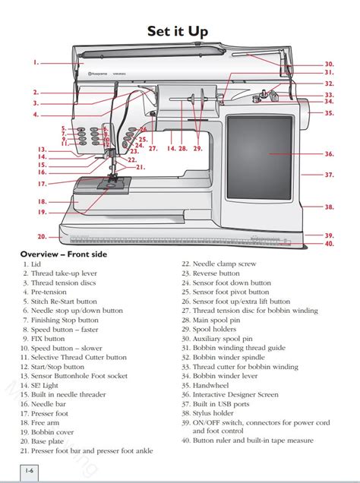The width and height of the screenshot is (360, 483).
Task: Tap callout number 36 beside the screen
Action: [329, 153]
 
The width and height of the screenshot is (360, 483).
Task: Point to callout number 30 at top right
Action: [329, 64]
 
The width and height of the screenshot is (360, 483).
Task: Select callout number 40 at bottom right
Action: [329, 244]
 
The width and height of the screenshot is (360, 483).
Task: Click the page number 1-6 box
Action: [29, 472]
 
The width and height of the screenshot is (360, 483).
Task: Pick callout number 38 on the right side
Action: [329, 207]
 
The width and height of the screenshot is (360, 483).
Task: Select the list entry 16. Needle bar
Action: [49, 403]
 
